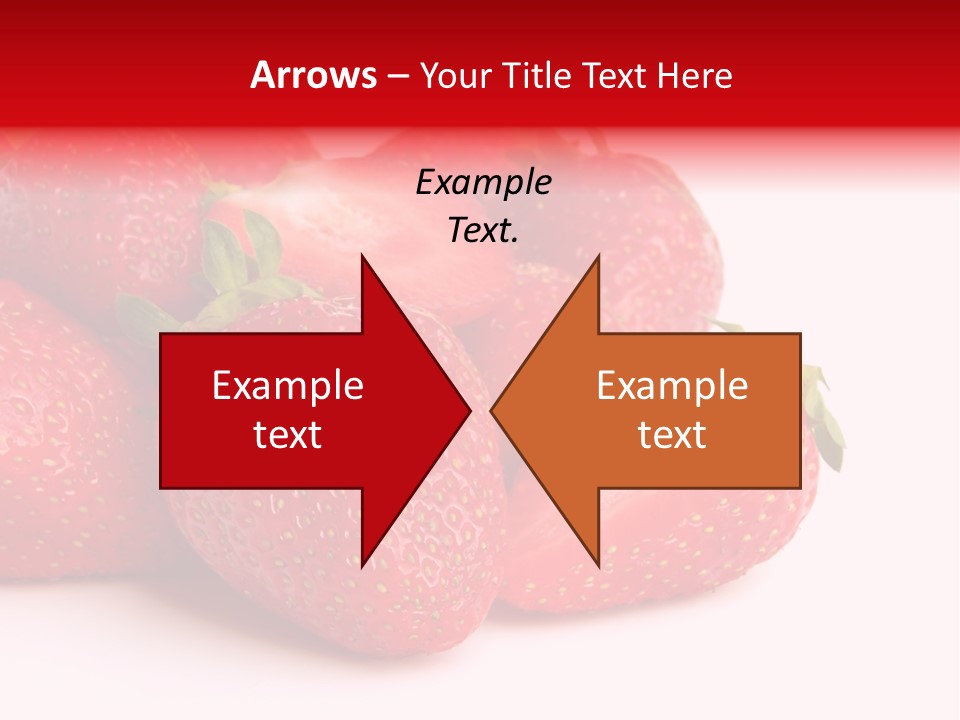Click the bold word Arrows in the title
click(314, 75)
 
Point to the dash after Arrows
click(397, 76)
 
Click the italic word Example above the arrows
click(483, 183)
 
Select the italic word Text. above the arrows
click(483, 231)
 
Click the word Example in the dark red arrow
click(287, 386)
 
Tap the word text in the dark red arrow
click(287, 435)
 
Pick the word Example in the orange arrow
click(672, 386)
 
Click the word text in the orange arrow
click(672, 435)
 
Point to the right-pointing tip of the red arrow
click(470, 411)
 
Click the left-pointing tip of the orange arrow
click(491, 411)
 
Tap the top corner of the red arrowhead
click(362, 256)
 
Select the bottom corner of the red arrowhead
click(362, 566)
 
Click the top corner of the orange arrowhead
click(598, 256)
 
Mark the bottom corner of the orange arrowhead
click(598, 566)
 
